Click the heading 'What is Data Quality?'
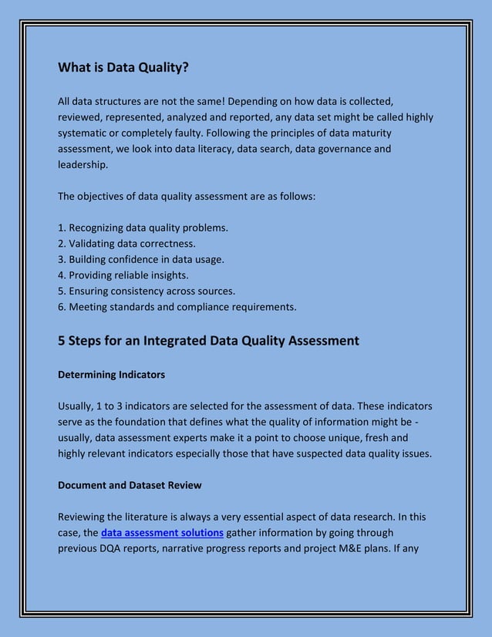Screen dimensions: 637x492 tap(123, 67)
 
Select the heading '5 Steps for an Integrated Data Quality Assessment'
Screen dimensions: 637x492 tap(208, 340)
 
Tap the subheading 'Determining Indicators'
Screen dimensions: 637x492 tap(111, 374)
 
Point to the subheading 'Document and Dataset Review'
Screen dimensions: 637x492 tap(130, 485)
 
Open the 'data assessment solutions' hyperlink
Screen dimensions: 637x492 tap(162, 532)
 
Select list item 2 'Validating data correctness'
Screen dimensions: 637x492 tap(126, 244)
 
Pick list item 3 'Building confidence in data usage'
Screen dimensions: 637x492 tap(141, 260)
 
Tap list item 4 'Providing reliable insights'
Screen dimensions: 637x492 tap(123, 275)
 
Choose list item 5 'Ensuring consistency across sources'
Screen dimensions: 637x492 tap(147, 292)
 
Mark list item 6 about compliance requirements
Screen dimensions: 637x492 tap(177, 307)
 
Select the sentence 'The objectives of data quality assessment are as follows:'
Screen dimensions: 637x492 tap(187, 196)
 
